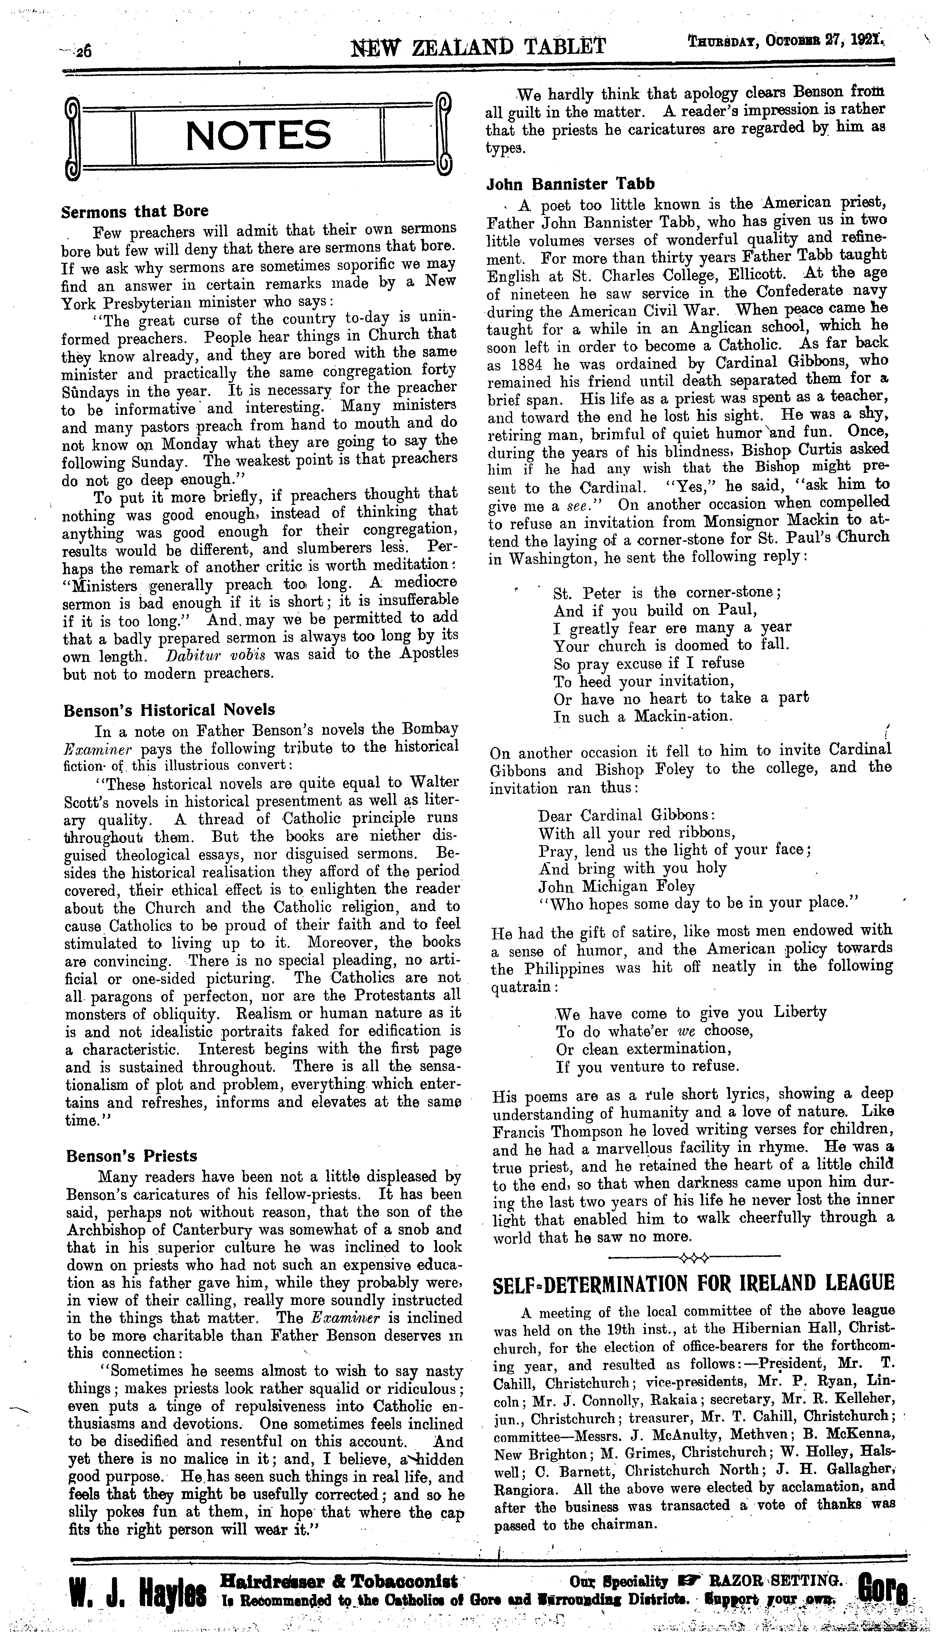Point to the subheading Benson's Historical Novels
(169, 710)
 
